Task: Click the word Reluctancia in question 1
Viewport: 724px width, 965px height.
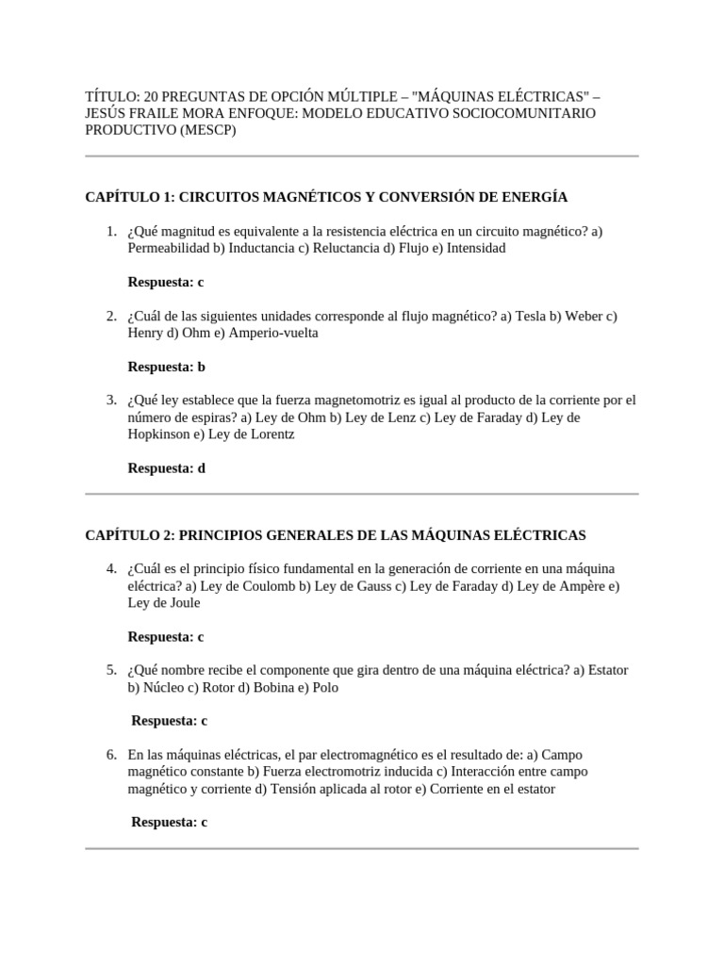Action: click(348, 249)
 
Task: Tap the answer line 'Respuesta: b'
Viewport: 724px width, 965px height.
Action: click(166, 367)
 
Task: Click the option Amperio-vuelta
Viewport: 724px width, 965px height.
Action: click(273, 333)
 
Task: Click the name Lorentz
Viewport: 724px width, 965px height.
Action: click(270, 434)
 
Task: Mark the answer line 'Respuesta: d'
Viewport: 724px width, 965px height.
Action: click(166, 468)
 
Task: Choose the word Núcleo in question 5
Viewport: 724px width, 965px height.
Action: click(164, 687)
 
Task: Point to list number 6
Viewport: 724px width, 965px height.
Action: click(111, 755)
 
